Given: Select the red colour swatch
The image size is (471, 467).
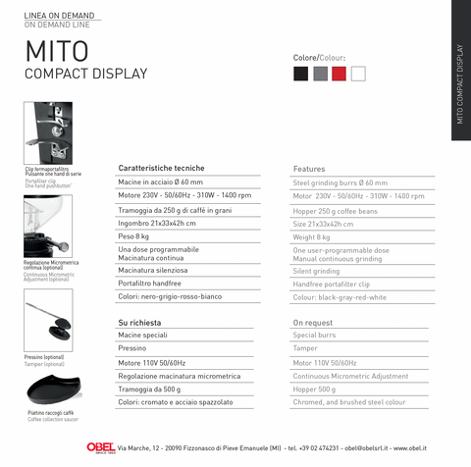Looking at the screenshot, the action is (x=339, y=74).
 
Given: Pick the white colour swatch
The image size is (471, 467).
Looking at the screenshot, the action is (x=358, y=74).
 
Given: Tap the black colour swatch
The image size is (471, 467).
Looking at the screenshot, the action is (x=301, y=74).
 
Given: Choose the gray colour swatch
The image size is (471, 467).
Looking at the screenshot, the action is (x=320, y=74).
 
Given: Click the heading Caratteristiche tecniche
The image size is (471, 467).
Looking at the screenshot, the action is (x=161, y=168).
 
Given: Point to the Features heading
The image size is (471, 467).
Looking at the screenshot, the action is (x=309, y=169).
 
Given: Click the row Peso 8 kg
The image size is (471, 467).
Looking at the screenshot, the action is (x=134, y=236).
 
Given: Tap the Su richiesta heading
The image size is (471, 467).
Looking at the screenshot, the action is (x=139, y=322).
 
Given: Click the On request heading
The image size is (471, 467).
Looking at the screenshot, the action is (x=313, y=322).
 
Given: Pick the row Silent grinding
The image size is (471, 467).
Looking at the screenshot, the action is (x=316, y=271).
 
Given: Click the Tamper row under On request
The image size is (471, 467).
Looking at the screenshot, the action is (x=305, y=348).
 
